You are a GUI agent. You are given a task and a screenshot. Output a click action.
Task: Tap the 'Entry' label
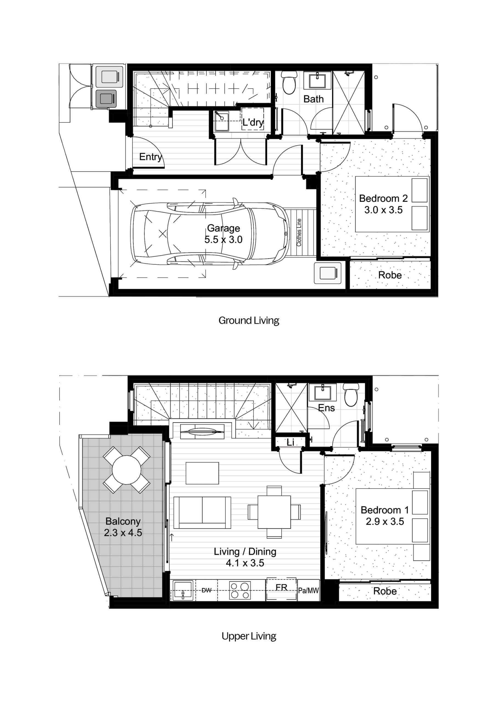150,157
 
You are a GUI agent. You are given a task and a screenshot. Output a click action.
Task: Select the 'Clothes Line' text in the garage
299,232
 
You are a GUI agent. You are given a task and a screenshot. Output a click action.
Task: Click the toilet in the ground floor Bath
289,82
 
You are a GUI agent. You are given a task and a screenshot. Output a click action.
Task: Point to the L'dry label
253,122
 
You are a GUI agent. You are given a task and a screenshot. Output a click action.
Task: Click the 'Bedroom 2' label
383,199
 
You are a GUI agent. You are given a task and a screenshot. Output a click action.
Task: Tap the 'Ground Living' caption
249,320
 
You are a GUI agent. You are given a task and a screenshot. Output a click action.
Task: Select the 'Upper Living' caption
249,636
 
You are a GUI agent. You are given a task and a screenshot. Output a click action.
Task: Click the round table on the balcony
127,470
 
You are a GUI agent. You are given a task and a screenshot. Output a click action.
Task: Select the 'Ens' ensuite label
326,408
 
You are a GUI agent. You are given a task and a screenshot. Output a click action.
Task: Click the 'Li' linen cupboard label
290,442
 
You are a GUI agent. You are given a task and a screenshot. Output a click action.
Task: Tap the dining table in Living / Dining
274,512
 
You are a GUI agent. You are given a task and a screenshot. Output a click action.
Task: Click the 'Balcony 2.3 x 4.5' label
123,527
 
